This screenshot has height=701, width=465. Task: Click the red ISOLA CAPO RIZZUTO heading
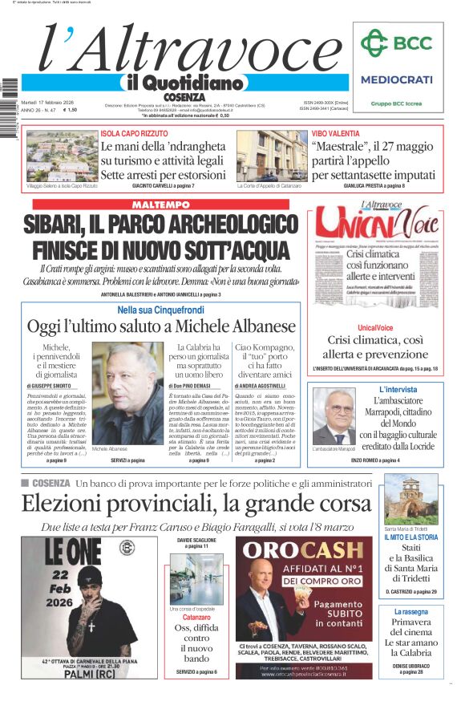(x=135, y=134)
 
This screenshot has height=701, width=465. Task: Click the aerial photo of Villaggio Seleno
(x=61, y=156)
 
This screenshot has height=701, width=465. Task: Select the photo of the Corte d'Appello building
(x=272, y=156)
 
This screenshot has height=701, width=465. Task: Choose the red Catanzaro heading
(x=196, y=618)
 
